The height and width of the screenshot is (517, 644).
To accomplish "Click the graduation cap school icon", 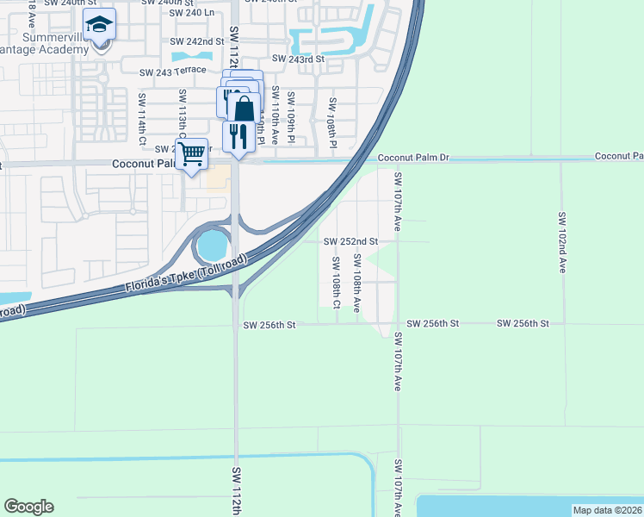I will click(x=100, y=25).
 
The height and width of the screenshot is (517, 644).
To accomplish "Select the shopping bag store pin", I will click(x=245, y=109).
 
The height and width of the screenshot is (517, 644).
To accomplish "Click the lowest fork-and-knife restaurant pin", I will click(x=238, y=136).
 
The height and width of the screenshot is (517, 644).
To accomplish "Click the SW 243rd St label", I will click(x=298, y=59).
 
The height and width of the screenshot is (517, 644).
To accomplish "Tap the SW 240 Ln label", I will click(x=191, y=13).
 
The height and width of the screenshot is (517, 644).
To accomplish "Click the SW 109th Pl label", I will click(x=292, y=117).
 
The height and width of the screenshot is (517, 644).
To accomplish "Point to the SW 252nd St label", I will click(x=351, y=242).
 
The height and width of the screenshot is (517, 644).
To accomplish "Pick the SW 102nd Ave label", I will click(x=561, y=242).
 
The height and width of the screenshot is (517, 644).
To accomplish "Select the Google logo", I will click(x=28, y=507).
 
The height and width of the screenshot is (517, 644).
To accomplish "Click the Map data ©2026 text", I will click(x=607, y=510).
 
